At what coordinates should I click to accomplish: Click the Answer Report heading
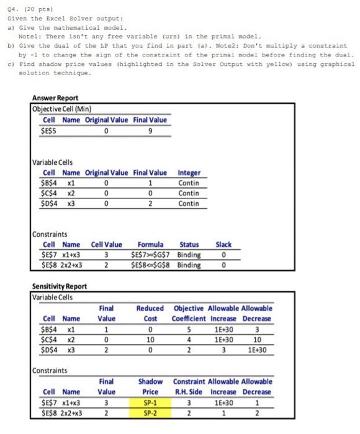click(x=55, y=98)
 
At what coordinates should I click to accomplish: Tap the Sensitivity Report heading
click(x=60, y=287)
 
